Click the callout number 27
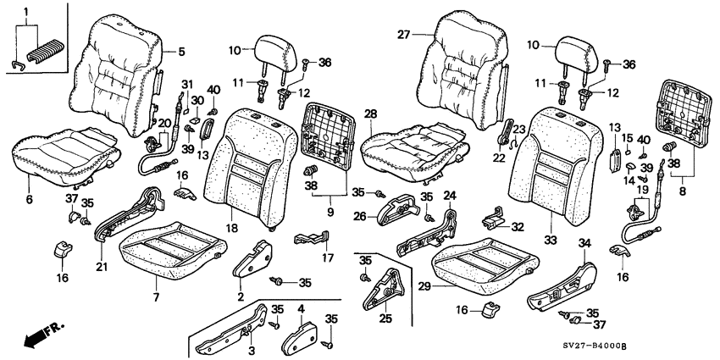[402, 35]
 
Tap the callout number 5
[180, 52]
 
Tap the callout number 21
[102, 267]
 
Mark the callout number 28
[370, 114]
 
